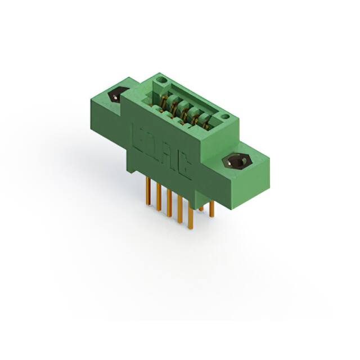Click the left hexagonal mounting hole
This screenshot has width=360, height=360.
118,94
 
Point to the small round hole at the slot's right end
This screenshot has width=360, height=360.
224,117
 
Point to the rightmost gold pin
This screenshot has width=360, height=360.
211,209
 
